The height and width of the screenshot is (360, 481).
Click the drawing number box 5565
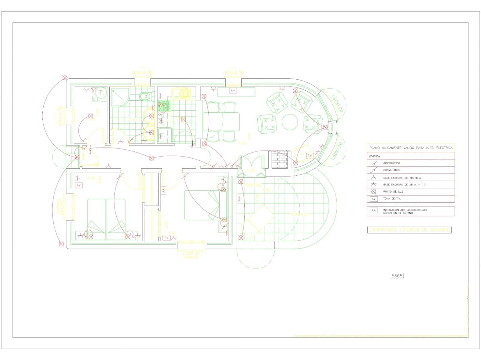click(396, 276)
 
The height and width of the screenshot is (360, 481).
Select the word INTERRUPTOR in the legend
click(391, 163)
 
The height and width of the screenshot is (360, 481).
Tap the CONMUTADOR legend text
click(391, 170)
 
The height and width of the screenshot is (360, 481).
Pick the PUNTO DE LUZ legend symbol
click(374, 191)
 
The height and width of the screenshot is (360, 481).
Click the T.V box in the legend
click(374, 199)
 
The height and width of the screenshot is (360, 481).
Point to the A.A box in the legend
click(374, 210)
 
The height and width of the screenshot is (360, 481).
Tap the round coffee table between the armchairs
click(290, 122)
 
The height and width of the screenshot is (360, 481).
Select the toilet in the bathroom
click(146, 96)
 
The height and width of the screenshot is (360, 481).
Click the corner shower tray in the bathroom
click(119, 97)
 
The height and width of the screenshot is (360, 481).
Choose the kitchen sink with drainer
click(182, 93)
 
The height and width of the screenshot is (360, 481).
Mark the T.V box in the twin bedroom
click(79, 185)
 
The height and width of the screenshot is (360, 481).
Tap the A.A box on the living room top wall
click(233, 90)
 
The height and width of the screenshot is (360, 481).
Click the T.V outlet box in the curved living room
click(310, 155)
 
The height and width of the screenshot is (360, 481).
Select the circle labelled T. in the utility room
click(102, 93)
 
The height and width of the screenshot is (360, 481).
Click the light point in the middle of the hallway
click(152, 158)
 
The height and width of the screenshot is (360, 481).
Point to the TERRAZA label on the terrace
click(299, 215)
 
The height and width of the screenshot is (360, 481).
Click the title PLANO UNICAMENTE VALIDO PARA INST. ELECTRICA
click(411, 148)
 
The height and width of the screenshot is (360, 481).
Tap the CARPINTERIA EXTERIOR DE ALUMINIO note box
click(409, 230)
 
